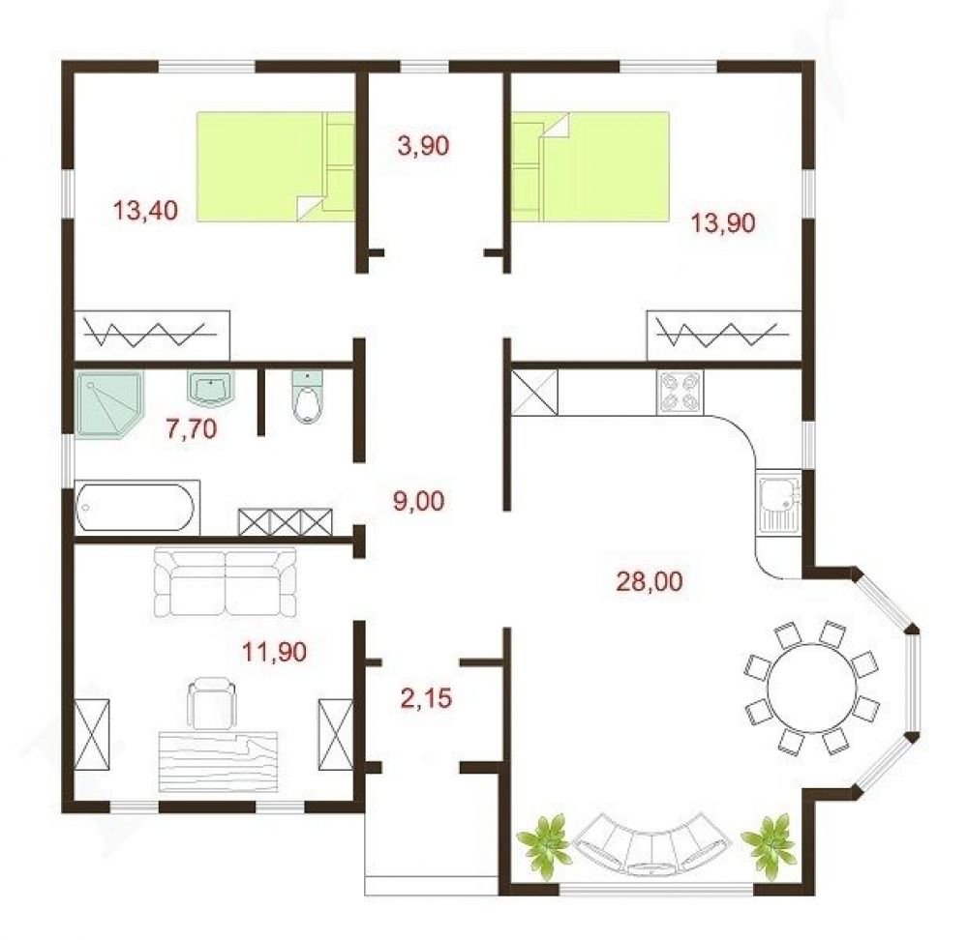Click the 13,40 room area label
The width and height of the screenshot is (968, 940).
point(146,210)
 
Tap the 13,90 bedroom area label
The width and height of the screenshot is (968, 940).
point(722,222)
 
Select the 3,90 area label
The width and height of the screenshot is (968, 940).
point(424,146)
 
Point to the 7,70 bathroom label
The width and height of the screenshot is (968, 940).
point(192,428)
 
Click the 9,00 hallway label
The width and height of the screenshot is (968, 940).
point(418,502)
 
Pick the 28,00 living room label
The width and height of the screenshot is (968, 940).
point(650,581)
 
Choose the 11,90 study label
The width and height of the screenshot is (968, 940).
point(274,652)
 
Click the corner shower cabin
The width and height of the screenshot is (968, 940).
point(108,404)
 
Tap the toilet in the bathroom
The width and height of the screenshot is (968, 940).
point(307,397)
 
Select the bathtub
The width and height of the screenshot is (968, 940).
point(136,508)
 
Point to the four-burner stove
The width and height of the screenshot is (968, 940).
point(680,393)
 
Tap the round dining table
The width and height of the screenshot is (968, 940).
point(812,688)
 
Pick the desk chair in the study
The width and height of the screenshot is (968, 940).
point(211,703)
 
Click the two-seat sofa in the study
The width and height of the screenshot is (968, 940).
point(225,582)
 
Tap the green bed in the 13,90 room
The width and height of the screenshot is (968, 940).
point(590,166)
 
